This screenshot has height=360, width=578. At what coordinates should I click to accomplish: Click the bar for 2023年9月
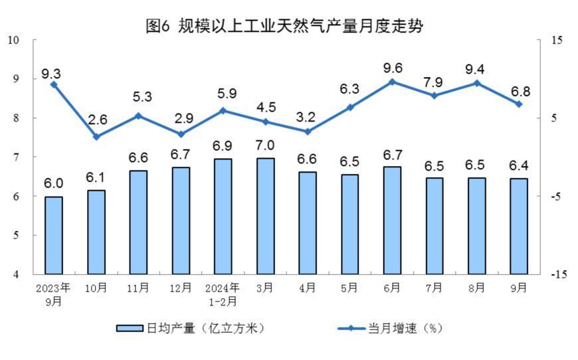pyautogui.click(x=54, y=235)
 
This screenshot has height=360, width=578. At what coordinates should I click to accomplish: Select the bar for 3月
pyautogui.click(x=265, y=216)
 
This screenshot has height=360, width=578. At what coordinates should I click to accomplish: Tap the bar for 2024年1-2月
pyautogui.click(x=223, y=216)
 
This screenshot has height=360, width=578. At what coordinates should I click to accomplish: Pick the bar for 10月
pyautogui.click(x=96, y=232)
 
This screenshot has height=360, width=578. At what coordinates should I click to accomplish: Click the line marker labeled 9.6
pyautogui.click(x=392, y=82)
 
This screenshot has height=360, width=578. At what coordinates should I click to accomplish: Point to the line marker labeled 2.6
pyautogui.click(x=96, y=137)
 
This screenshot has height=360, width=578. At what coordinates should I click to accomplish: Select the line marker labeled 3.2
pyautogui.click(x=308, y=132)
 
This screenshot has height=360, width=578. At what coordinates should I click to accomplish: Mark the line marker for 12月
pyautogui.click(x=181, y=134)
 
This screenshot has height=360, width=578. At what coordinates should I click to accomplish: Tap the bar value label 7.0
pyautogui.click(x=265, y=145)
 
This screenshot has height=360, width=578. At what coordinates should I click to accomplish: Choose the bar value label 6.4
pyautogui.click(x=519, y=165)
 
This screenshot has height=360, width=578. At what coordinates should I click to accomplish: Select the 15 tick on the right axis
pyautogui.click(x=557, y=40)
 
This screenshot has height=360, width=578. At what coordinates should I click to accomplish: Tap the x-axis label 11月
pyautogui.click(x=139, y=288)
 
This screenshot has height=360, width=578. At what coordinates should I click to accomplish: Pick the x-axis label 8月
pyautogui.click(x=476, y=288)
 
